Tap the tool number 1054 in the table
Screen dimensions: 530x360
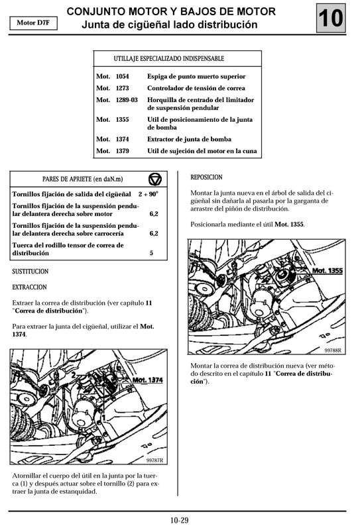tap(123, 77)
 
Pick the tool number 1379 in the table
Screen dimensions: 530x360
tap(123, 151)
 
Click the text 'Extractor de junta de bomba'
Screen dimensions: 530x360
tap(188, 140)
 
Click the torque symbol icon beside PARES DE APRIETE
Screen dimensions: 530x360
tap(155, 180)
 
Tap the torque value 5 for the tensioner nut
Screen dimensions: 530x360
tap(152, 253)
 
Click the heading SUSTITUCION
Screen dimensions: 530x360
tap(30, 272)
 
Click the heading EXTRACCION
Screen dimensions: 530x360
tap(29, 288)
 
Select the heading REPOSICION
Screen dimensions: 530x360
tap(206, 178)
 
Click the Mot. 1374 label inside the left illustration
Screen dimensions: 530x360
tap(148, 380)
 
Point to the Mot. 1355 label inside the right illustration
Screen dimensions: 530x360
tap(326, 271)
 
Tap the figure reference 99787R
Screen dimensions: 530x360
tap(154, 460)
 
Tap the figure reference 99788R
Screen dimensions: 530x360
tap(333, 350)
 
